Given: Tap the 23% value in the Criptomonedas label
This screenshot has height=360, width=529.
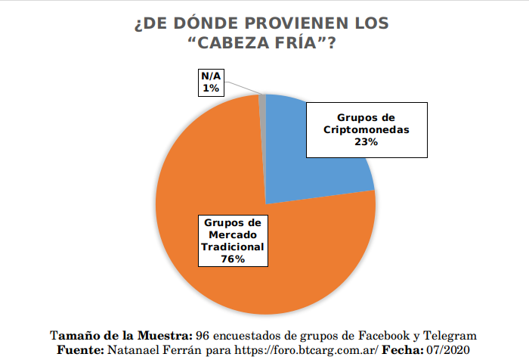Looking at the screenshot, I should (x=366, y=143).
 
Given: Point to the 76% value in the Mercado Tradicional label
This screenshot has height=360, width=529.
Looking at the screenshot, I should (x=233, y=259).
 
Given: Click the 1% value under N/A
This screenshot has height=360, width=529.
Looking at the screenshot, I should (x=210, y=88).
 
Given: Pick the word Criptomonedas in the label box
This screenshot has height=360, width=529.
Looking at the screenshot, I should (x=367, y=130).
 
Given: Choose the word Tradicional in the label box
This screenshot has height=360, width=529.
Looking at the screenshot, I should (x=233, y=247).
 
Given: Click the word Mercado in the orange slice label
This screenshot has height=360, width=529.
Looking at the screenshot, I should (x=233, y=235).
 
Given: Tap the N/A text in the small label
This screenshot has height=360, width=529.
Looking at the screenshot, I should (x=210, y=77).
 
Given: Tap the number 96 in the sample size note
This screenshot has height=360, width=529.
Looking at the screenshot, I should (x=202, y=334).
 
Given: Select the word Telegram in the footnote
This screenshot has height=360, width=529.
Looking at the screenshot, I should (x=447, y=334).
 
